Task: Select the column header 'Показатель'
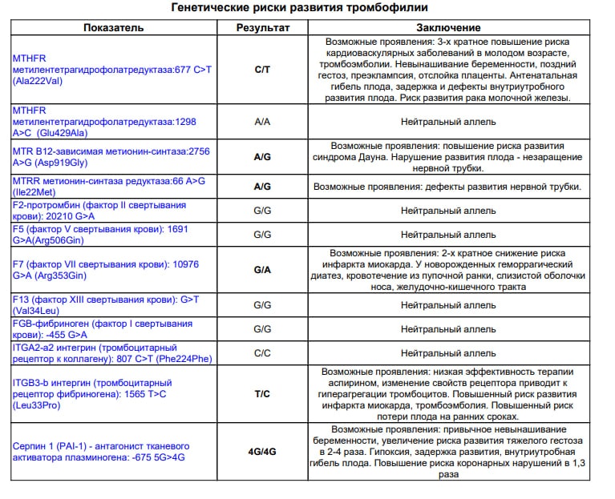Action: pyautogui.click(x=114, y=27)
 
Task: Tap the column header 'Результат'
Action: pyautogui.click(x=262, y=27)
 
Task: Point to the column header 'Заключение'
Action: pyautogui.click(x=449, y=27)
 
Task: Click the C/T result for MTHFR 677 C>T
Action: pyautogui.click(x=262, y=70)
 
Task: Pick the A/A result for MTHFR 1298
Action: pyautogui.click(x=262, y=122)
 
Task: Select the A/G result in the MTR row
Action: pyautogui.click(x=262, y=157)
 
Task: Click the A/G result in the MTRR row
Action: pyautogui.click(x=262, y=187)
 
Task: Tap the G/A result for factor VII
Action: pyautogui.click(x=262, y=270)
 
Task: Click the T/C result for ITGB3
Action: pyautogui.click(x=262, y=394)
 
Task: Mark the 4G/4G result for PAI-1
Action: pyautogui.click(x=262, y=451)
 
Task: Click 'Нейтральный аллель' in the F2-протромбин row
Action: pyautogui.click(x=449, y=211)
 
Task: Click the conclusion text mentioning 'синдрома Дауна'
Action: pyautogui.click(x=449, y=157)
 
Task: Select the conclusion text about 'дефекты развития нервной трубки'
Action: pyautogui.click(x=447, y=187)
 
